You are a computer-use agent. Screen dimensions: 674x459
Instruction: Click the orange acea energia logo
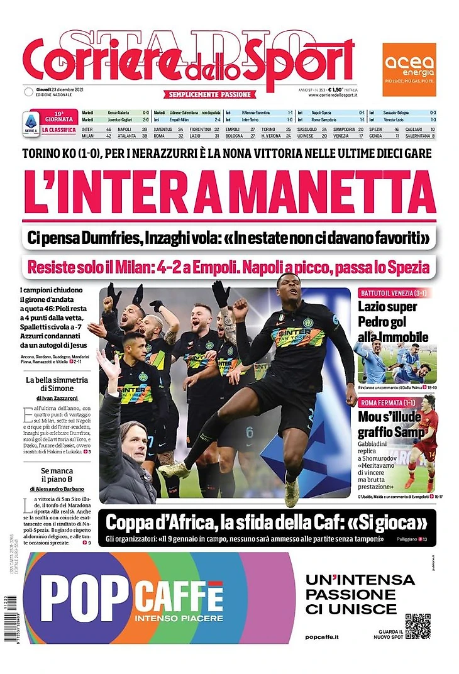[x=409, y=61]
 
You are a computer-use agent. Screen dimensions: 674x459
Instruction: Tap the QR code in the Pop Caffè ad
[x=418, y=626]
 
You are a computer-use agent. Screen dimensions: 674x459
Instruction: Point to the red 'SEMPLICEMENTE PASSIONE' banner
[x=211, y=94]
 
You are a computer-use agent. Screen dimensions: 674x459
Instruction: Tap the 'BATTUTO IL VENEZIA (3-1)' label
[x=389, y=294]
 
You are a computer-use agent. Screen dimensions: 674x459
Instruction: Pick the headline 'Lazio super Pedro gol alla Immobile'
[x=392, y=321]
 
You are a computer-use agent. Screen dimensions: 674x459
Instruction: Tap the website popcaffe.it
[x=321, y=637]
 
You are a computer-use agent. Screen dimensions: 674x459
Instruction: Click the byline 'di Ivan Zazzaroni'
[x=57, y=398]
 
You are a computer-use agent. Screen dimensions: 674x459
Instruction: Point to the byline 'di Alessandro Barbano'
[x=57, y=489]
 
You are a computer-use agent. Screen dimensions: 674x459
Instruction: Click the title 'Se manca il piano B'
[x=57, y=475]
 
